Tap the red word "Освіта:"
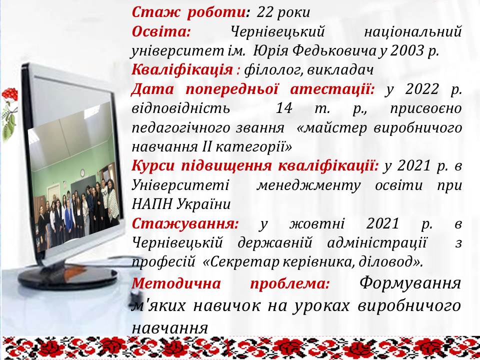tap(161, 31)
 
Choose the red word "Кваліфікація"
tap(182, 70)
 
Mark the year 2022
tap(421, 89)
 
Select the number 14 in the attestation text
tap(284, 108)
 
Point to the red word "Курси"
tap(153, 166)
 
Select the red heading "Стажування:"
tap(185, 224)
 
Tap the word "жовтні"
tap(317, 224)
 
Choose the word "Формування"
tap(410, 283)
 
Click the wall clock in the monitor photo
tap(82, 173)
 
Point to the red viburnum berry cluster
tap(10, 95)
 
